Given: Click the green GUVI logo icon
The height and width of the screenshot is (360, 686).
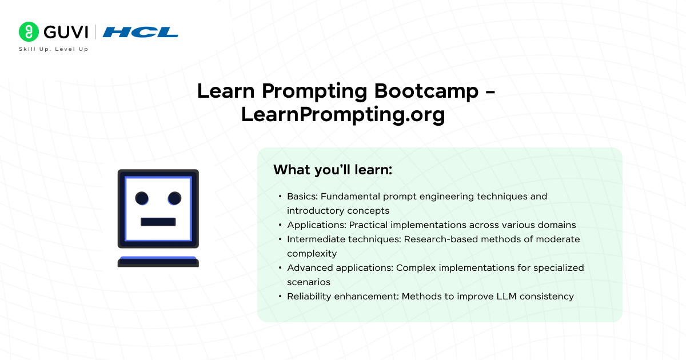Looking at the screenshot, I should click(28, 31).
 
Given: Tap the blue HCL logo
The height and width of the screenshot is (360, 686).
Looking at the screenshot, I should click(141, 32).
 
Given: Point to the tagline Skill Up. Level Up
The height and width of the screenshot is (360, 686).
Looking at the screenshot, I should click(54, 49).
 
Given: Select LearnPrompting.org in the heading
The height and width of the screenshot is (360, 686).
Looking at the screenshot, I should click(342, 114).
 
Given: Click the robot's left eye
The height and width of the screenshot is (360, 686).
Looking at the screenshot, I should click(142, 198).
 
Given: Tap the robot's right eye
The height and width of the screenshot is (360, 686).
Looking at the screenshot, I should click(174, 198).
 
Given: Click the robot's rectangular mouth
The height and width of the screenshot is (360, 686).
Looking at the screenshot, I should click(158, 222).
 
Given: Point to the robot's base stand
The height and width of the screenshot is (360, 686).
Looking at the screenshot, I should click(158, 262).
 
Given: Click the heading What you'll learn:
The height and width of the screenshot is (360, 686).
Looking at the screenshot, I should click(332, 170).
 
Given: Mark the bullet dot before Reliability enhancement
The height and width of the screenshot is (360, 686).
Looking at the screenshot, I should click(280, 297).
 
